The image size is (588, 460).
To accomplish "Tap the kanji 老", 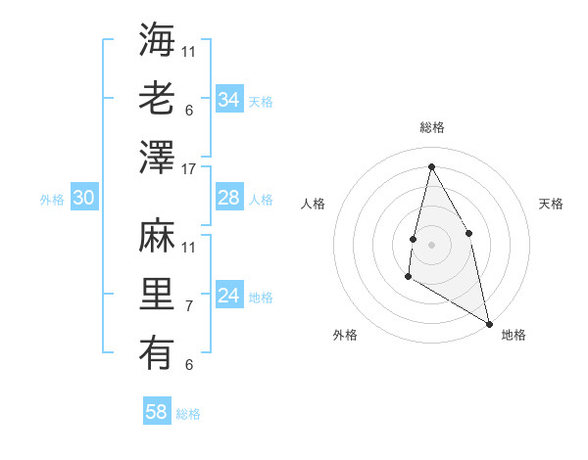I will (x=158, y=98).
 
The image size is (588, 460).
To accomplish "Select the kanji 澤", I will (x=158, y=157).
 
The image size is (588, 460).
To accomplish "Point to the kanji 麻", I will (x=158, y=235).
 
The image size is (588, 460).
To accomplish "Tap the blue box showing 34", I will (x=228, y=100).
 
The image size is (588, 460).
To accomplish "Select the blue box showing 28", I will (x=228, y=199).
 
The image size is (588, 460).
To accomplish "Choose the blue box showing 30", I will (x=83, y=199).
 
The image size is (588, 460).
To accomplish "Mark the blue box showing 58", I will (x=156, y=412).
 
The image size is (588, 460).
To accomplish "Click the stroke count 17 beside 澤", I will (x=189, y=168).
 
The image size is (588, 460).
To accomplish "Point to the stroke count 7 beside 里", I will (x=189, y=306).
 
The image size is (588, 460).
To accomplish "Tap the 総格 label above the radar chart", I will (x=431, y=127).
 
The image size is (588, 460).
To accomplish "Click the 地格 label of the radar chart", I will (x=514, y=335).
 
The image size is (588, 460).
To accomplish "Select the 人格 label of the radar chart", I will (x=313, y=204).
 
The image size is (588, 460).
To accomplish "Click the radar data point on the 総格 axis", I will (x=431, y=165).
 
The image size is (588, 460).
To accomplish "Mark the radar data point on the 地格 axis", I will (x=489, y=323).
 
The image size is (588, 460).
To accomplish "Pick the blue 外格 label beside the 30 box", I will (x=52, y=200).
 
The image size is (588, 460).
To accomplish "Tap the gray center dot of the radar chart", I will (x=431, y=244).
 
